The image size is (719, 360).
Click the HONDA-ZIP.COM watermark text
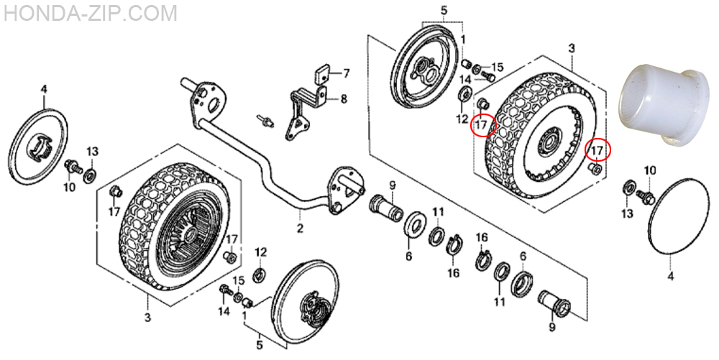[91, 13]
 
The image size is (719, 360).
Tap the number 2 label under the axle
[299, 228]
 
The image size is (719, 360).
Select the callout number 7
[346, 73]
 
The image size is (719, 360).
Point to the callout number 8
[344, 98]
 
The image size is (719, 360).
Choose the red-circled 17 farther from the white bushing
[483, 124]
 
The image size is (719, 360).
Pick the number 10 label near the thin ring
[650, 172]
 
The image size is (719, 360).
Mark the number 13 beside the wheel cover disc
[92, 152]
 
